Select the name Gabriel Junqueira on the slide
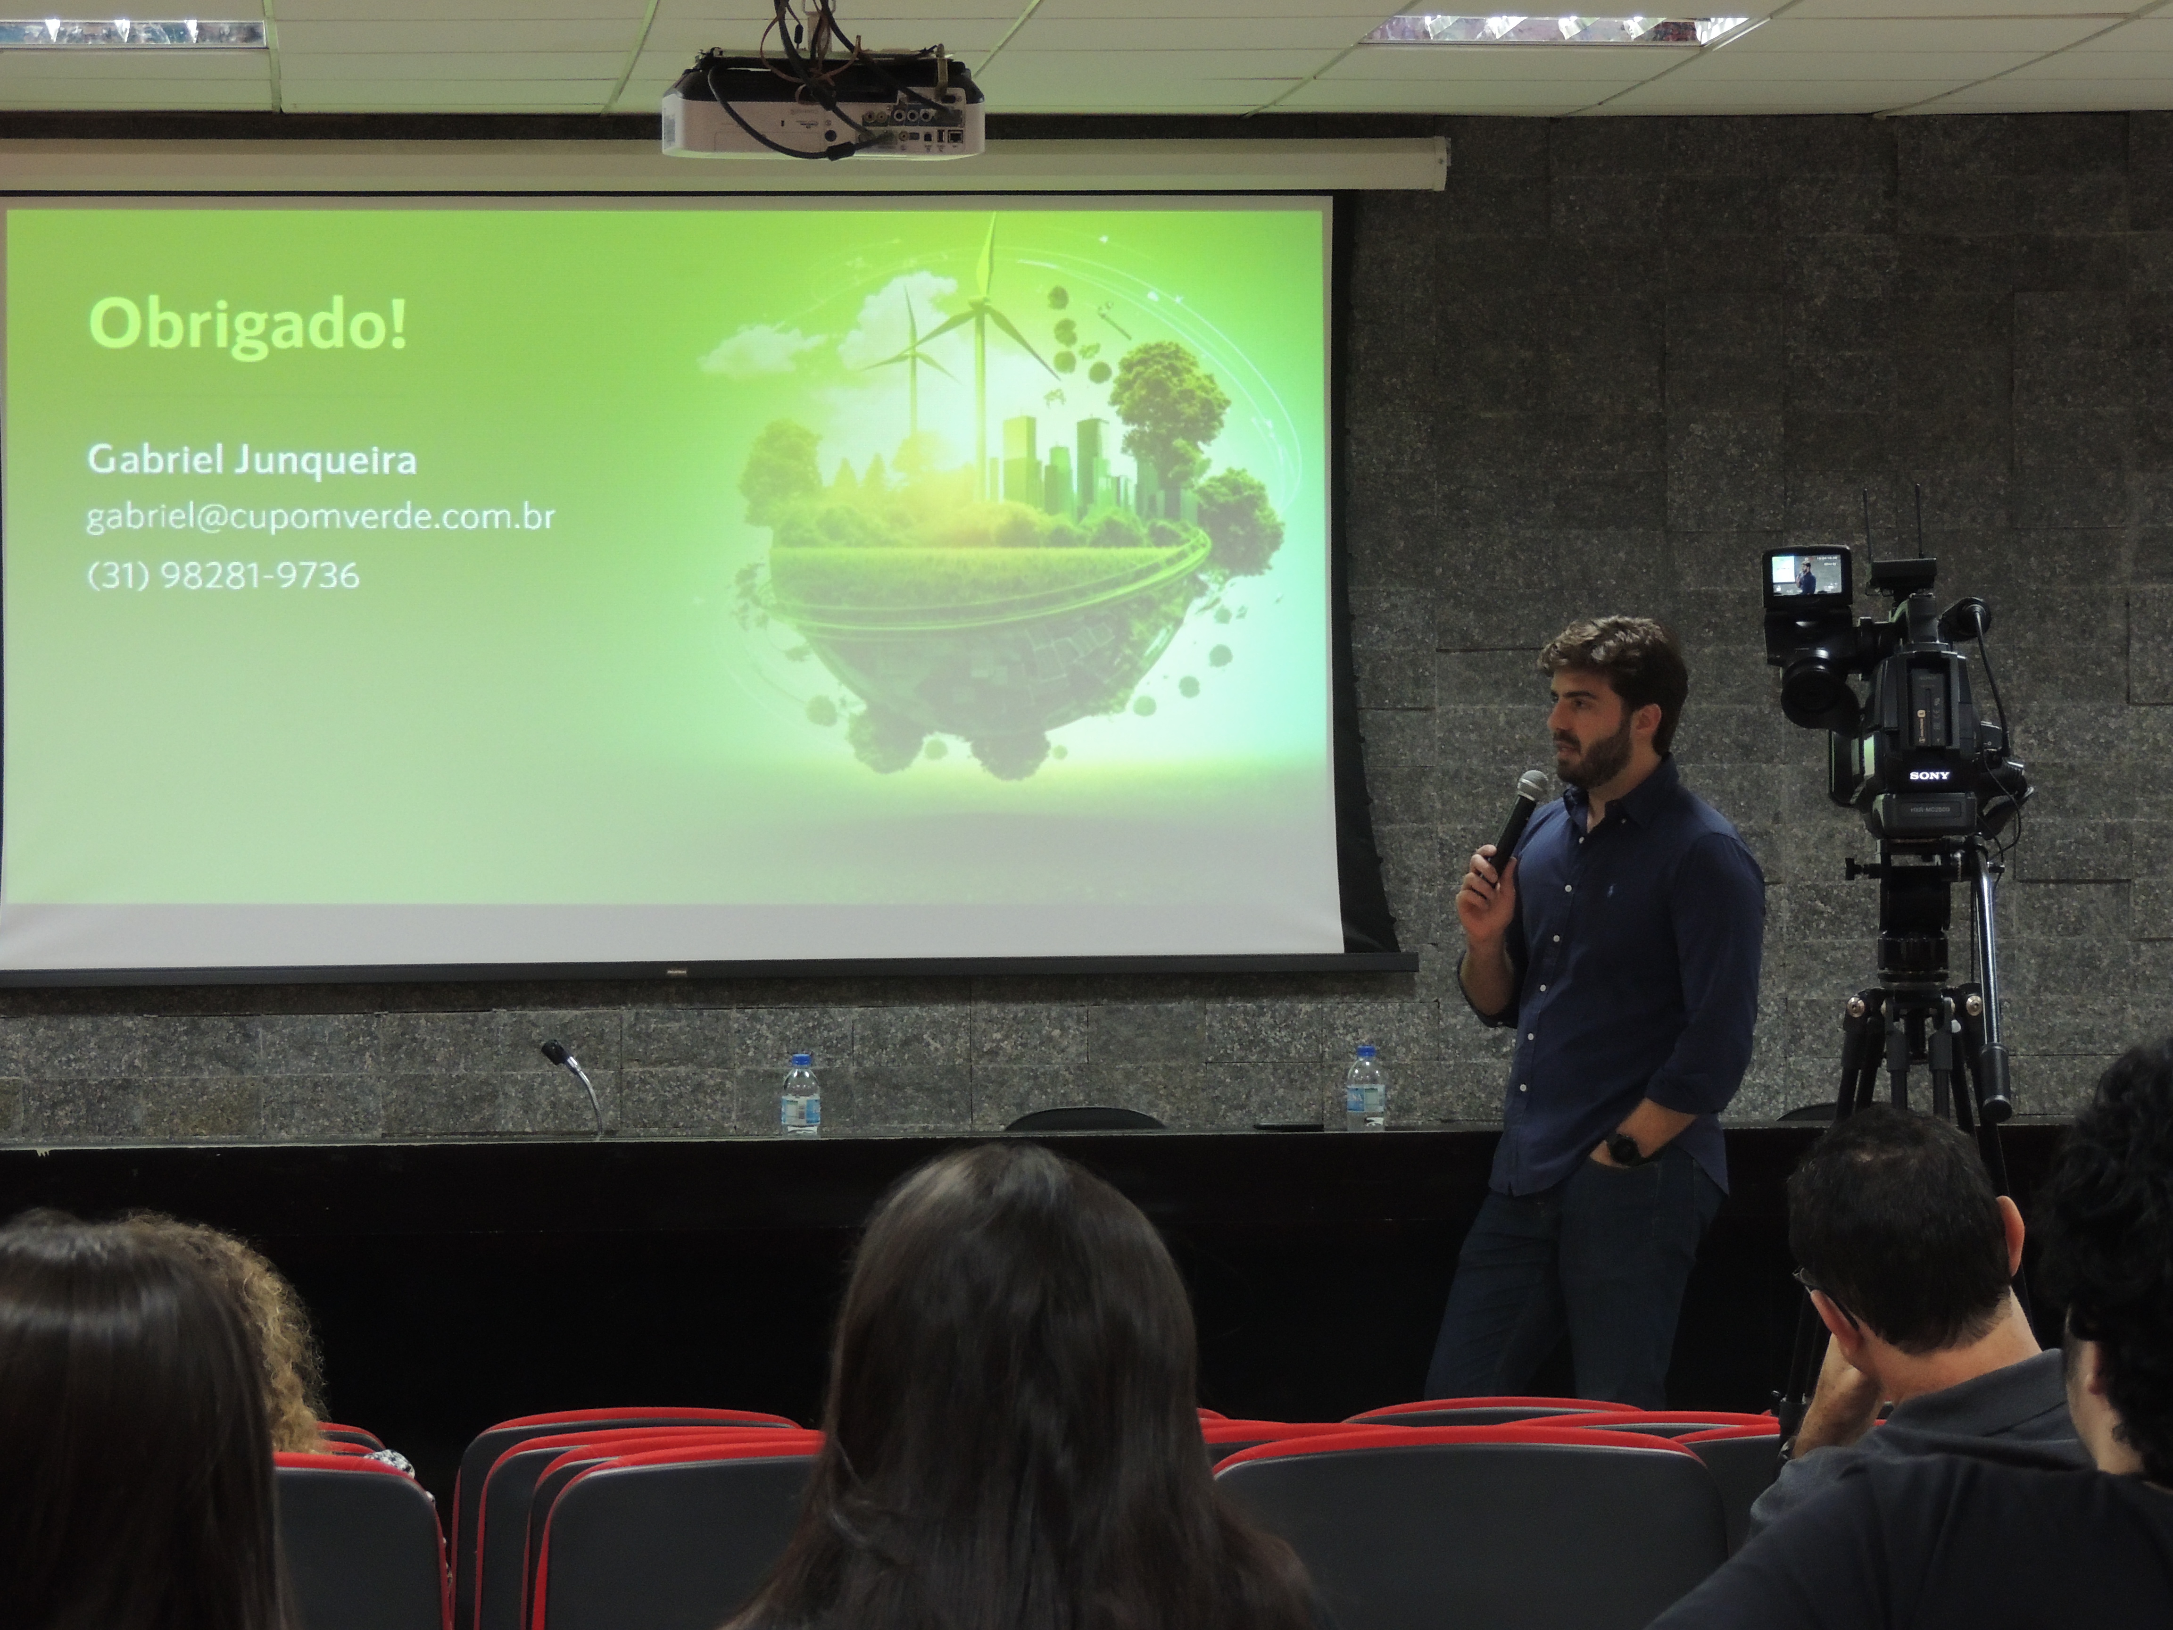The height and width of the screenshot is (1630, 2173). click(x=251, y=460)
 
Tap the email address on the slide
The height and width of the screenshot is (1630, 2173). click(x=320, y=517)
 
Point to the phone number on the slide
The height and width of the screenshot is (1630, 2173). click(x=223, y=575)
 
